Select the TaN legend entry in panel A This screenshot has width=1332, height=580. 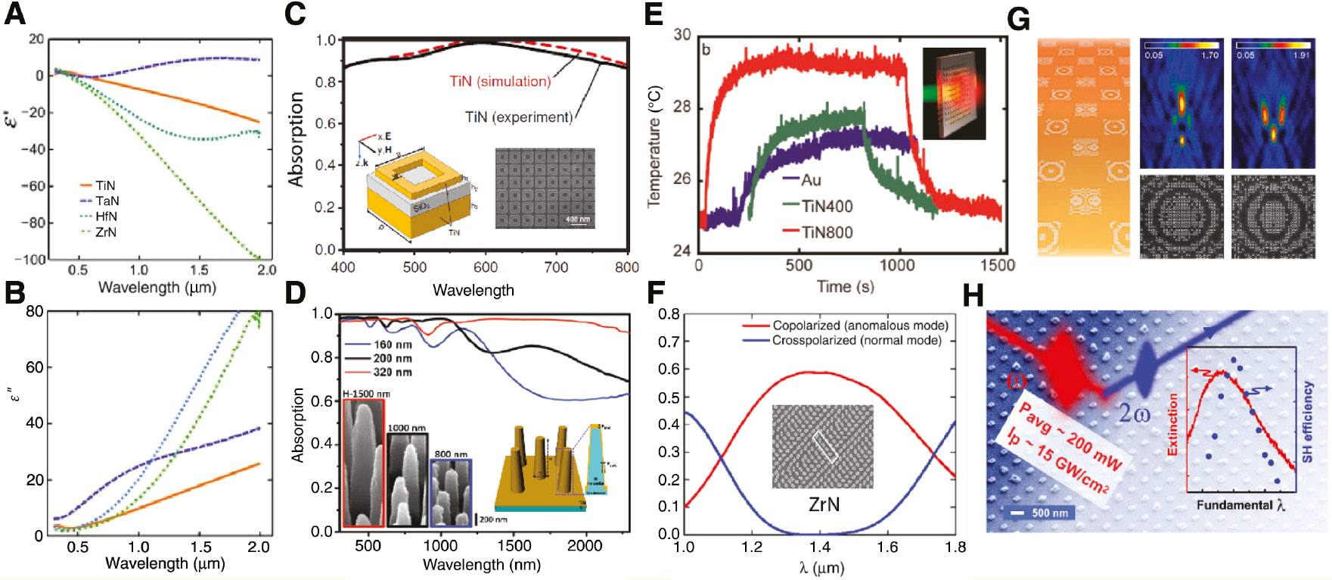click(x=107, y=201)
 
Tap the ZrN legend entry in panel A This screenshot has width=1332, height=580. click(x=105, y=232)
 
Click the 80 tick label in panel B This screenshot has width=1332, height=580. click(x=34, y=311)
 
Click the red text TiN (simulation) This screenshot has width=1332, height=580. click(x=500, y=81)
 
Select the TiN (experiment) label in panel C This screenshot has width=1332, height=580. click(x=518, y=117)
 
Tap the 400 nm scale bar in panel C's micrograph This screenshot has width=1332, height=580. click(x=579, y=220)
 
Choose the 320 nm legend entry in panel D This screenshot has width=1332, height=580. click(x=392, y=372)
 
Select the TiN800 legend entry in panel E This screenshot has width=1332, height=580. click(x=827, y=232)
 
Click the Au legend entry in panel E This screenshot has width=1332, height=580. click(x=811, y=180)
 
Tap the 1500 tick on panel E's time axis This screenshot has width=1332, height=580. click(x=998, y=265)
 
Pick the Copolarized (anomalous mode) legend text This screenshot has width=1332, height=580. click(x=860, y=326)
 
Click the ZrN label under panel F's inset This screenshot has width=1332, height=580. click(x=823, y=504)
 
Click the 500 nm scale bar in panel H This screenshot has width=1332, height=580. click(x=1042, y=513)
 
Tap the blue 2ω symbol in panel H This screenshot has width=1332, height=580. click(x=1135, y=413)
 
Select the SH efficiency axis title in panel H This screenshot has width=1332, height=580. click(x=1307, y=421)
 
